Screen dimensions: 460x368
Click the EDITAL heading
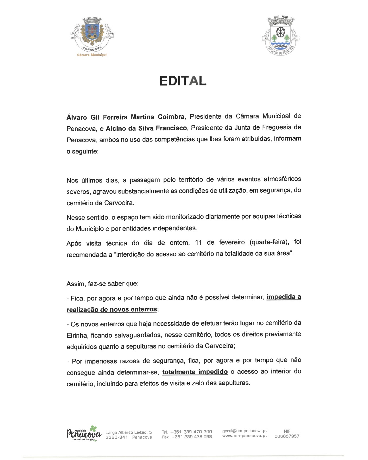(183, 81)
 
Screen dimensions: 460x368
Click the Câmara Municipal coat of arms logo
(91, 35)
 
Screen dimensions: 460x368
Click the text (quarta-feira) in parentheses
(269, 242)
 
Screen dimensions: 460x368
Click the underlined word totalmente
(179, 372)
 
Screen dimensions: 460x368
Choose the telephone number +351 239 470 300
(191, 432)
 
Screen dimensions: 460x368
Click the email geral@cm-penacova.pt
(245, 431)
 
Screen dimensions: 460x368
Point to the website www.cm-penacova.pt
(245, 436)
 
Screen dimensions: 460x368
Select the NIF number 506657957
(287, 436)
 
